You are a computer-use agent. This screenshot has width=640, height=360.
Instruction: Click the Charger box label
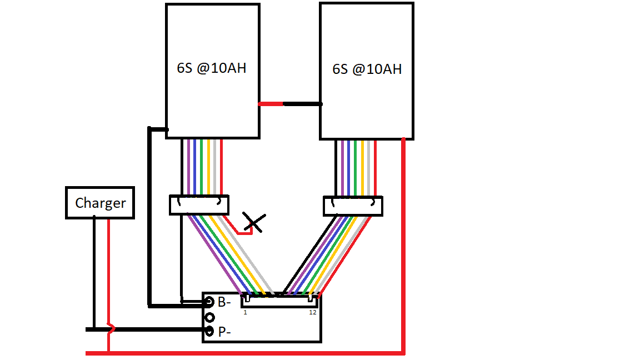click(x=100, y=203)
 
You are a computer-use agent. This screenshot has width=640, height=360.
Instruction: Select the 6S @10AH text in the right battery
click(x=367, y=69)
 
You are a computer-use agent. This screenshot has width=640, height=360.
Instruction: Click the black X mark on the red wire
click(x=254, y=222)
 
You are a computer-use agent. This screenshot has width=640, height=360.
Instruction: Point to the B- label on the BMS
click(x=224, y=302)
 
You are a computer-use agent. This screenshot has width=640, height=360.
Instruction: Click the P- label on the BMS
click(x=224, y=332)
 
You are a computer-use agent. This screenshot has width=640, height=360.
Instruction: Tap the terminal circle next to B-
click(x=209, y=302)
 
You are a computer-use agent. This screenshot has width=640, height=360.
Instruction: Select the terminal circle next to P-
click(x=209, y=331)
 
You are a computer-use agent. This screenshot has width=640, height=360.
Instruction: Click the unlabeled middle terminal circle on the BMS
click(x=209, y=317)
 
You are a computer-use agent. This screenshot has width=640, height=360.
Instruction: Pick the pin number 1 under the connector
click(x=244, y=312)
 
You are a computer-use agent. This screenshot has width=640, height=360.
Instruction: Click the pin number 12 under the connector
click(x=313, y=312)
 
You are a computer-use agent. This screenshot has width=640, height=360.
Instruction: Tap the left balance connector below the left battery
click(x=199, y=204)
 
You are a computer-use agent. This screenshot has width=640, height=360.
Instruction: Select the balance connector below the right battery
click(x=353, y=206)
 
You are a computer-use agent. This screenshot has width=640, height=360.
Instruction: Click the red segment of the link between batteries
click(x=271, y=103)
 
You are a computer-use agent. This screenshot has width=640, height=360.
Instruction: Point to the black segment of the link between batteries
click(x=302, y=103)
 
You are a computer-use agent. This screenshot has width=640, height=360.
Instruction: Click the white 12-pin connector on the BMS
click(x=279, y=302)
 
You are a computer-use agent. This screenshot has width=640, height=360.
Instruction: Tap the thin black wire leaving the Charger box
click(x=94, y=267)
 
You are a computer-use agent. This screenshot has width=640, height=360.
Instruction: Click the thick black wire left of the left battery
click(x=149, y=222)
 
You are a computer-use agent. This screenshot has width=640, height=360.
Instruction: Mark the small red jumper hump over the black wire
click(x=111, y=329)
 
